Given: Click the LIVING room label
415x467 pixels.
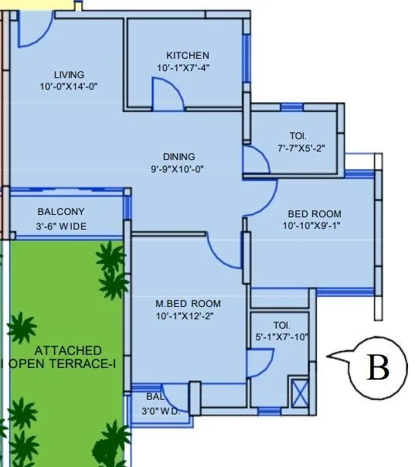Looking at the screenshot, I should point(69,74).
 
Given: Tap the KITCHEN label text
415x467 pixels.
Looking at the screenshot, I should point(187,56).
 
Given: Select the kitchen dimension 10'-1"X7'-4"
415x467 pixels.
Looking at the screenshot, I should point(183,68).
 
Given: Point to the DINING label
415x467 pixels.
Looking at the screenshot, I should point(179,156).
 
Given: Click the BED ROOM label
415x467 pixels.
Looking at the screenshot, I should point(314,213).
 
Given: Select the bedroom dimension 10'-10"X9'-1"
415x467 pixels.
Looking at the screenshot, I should point(313,226).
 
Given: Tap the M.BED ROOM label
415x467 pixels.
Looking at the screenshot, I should point(188,303).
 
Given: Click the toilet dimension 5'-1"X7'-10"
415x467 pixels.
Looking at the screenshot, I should point(280,336).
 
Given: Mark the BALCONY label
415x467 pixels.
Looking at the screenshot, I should point(61,212).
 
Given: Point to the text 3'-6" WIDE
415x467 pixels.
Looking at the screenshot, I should point(62,226).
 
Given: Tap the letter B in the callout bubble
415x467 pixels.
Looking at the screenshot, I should point(377,369).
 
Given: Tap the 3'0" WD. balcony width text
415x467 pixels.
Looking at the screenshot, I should point(163,411).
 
